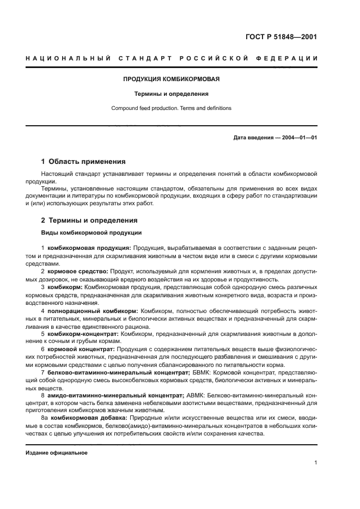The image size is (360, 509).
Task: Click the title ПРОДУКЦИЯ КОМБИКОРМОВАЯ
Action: click(x=172, y=78)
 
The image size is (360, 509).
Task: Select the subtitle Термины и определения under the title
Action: click(x=172, y=94)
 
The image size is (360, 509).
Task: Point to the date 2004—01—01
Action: click(x=298, y=137)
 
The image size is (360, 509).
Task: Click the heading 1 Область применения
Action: click(x=83, y=162)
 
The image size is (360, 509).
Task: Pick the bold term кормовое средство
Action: click(x=78, y=271)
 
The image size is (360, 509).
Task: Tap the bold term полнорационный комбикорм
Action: click(x=93, y=309)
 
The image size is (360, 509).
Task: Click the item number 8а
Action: click(x=45, y=418)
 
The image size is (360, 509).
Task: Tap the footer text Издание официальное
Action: click(x=56, y=453)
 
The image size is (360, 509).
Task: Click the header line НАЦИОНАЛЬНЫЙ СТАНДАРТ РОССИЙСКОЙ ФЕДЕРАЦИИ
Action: click(x=172, y=58)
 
